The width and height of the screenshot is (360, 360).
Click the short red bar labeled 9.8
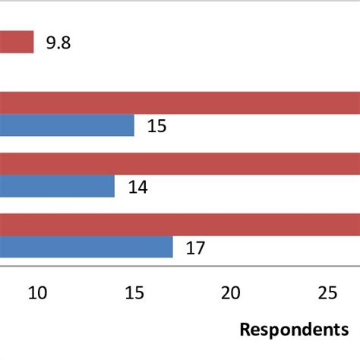pyautogui.click(x=17, y=42)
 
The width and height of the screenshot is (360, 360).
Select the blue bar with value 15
pyautogui.click(x=67, y=125)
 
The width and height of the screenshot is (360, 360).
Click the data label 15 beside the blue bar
pyautogui.click(x=157, y=126)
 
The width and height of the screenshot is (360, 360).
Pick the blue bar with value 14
pyautogui.click(x=57, y=186)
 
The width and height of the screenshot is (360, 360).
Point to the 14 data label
pyautogui.click(x=137, y=187)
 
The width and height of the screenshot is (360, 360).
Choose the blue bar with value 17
pyautogui.click(x=86, y=247)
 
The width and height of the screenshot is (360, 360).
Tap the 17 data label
pyautogui.click(x=196, y=248)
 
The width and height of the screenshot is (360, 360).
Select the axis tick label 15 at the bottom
pyautogui.click(x=134, y=293)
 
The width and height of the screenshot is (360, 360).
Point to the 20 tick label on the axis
pyautogui.click(x=231, y=293)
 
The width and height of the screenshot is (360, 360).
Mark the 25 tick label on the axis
pyautogui.click(x=327, y=293)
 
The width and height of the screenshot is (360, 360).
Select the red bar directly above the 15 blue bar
pyautogui.click(x=180, y=103)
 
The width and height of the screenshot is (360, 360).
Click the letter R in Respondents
pyautogui.click(x=245, y=330)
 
